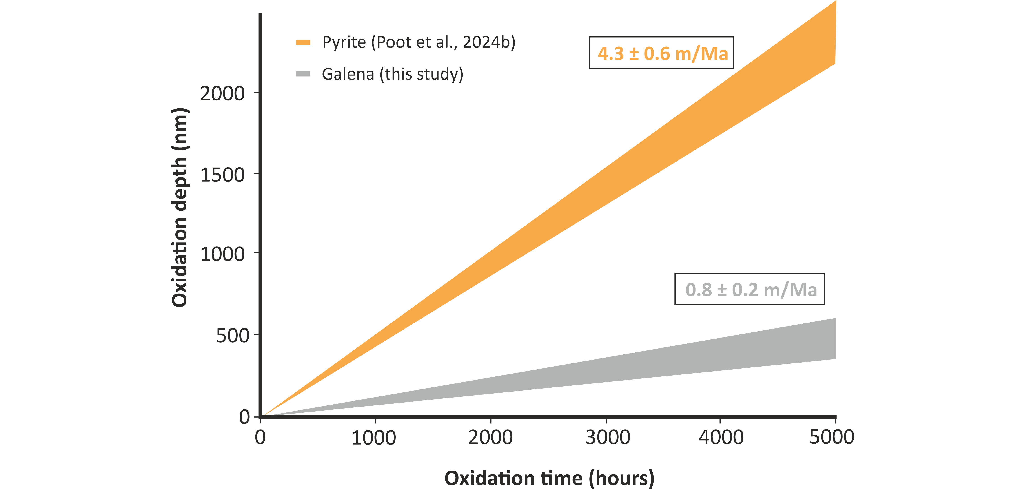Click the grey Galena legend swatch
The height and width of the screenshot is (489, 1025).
coord(303,74)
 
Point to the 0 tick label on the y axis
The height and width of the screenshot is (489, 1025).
coord(244,417)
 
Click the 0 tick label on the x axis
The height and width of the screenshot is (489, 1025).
coord(260,438)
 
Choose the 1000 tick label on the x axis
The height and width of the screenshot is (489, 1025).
coord(374,438)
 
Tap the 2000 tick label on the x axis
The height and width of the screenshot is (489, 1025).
coord(490,438)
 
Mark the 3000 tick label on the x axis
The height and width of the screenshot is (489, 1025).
coord(608,438)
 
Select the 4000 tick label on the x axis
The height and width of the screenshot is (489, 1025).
coord(721,438)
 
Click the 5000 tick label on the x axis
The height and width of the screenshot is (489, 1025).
coord(832,438)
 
